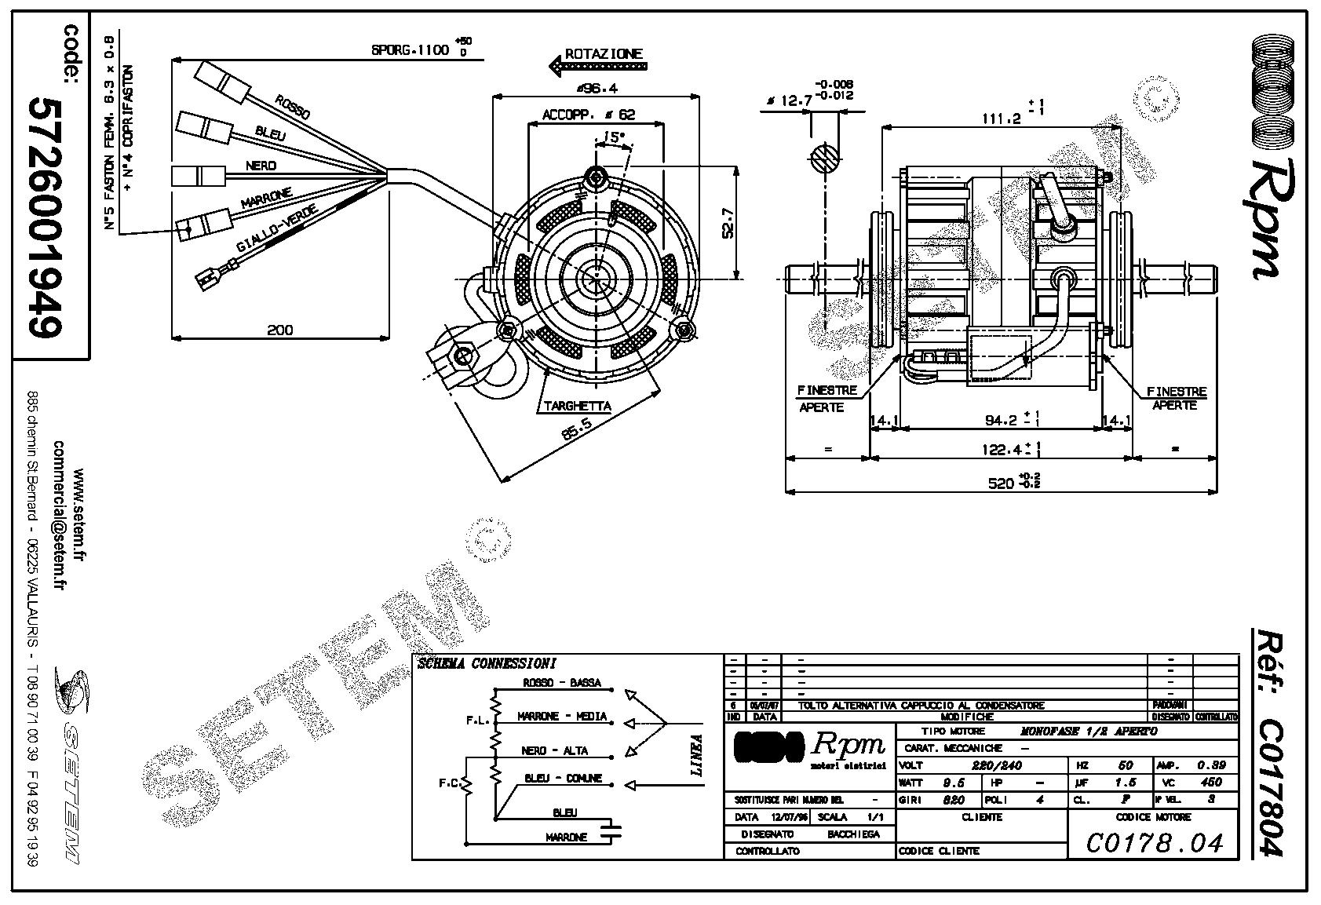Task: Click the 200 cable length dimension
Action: [280, 330]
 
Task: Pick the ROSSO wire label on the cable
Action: [292, 108]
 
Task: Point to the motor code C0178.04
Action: [1155, 843]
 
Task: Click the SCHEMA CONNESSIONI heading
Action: [487, 664]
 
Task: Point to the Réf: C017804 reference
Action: [1267, 742]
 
